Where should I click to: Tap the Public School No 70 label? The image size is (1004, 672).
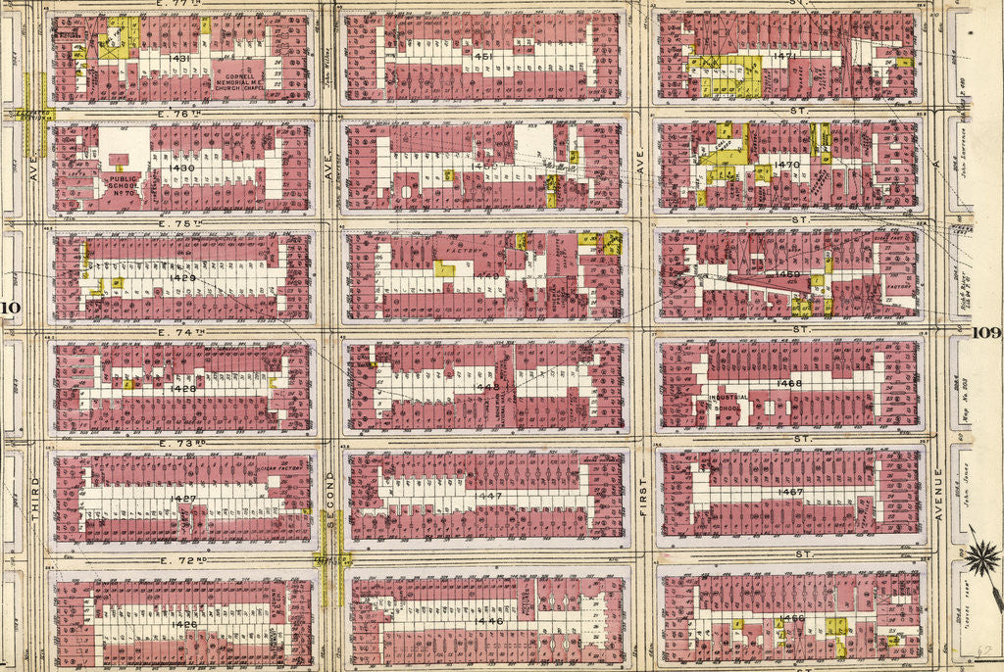point(123,185)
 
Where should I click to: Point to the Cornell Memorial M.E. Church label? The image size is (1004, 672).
point(241,78)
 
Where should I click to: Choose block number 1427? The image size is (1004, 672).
point(182,499)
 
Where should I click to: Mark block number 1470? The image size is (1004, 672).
point(787,164)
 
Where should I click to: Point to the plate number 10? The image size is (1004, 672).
point(11,311)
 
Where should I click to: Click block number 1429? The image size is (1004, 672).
point(182,278)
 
